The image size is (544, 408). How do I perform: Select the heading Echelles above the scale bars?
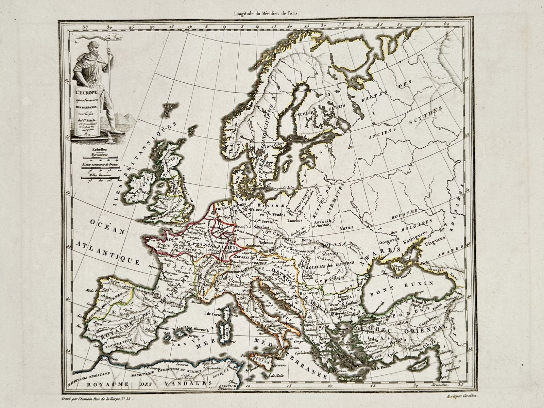click(x=96, y=149)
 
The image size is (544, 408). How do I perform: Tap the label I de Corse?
click(x=213, y=314)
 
